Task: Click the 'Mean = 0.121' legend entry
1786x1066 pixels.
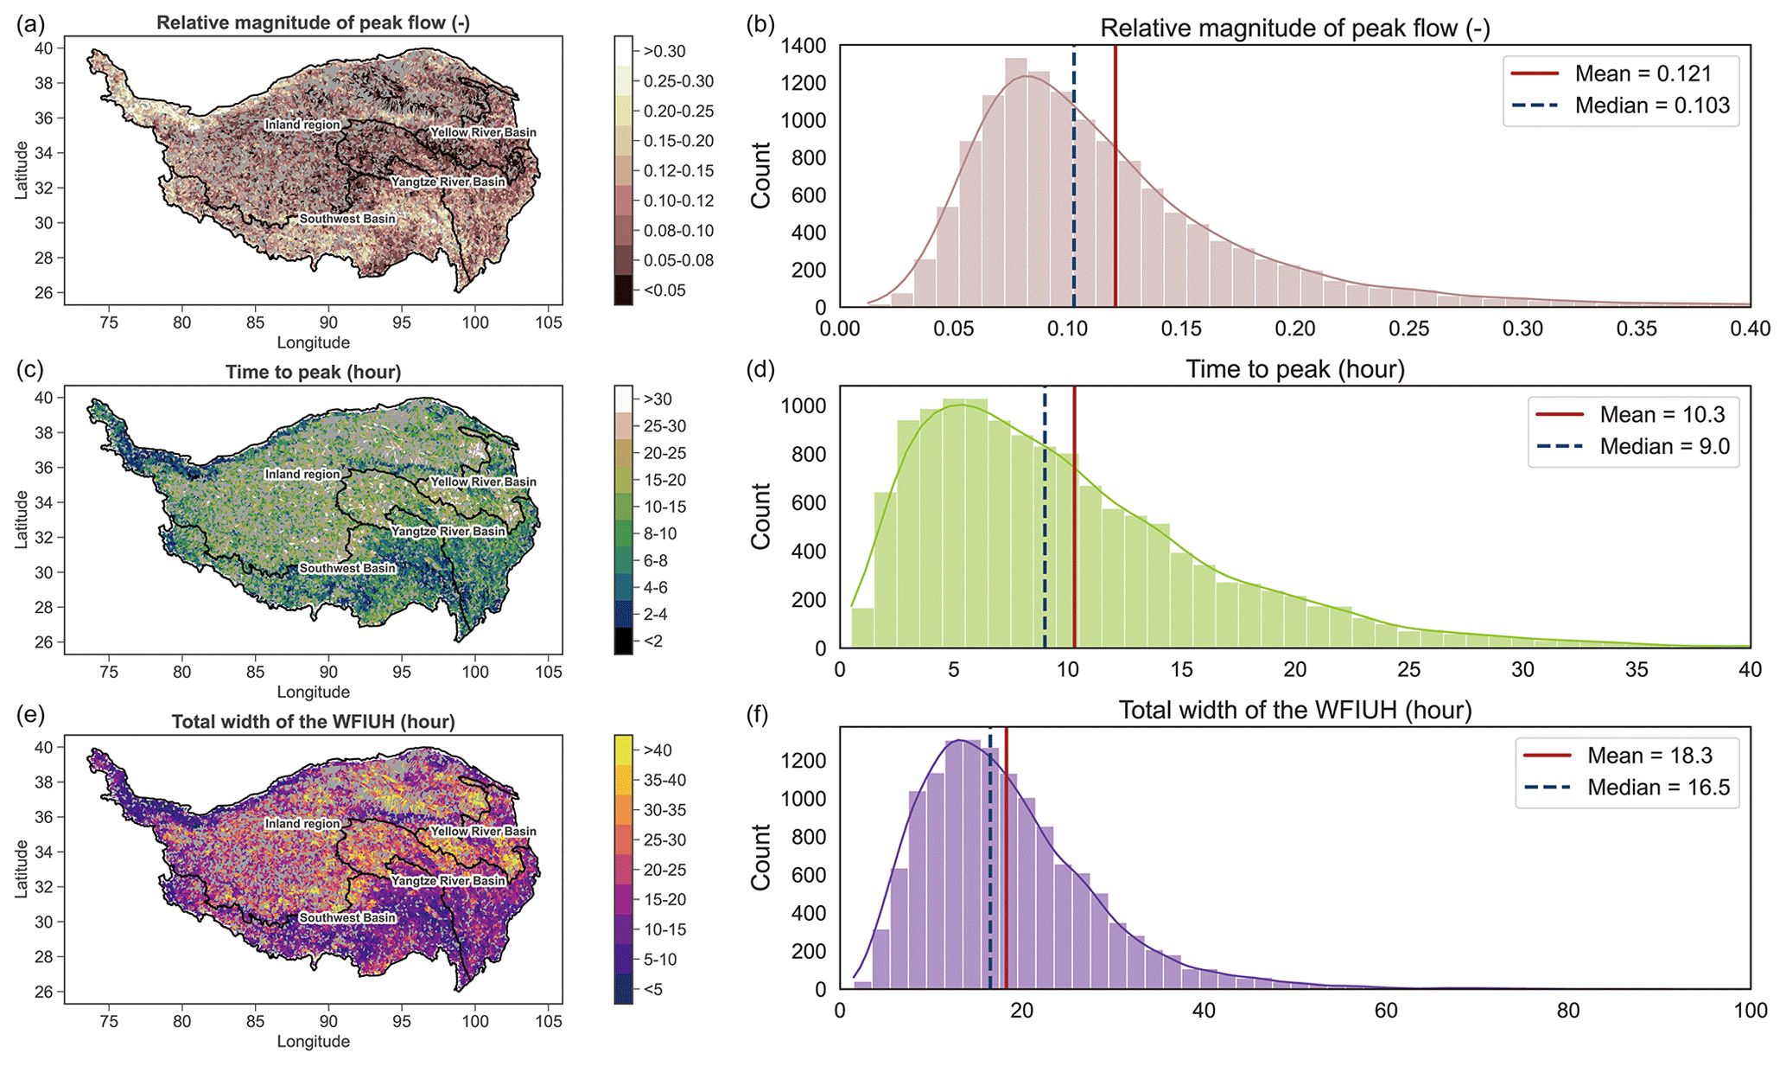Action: [x=1643, y=74]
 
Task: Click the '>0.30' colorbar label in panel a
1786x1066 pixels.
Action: [x=664, y=52]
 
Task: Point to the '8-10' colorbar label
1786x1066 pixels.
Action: [x=659, y=533]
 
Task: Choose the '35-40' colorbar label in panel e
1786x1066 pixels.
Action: [x=664, y=780]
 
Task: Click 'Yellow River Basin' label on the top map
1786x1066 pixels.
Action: [x=483, y=132]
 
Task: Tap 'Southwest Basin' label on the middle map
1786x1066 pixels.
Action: [x=347, y=568]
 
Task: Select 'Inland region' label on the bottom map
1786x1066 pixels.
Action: [x=302, y=824]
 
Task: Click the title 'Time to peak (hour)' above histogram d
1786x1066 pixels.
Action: [x=1294, y=370]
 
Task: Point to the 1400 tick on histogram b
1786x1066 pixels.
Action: [x=803, y=46]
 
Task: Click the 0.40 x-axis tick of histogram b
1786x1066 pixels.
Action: [x=1750, y=329]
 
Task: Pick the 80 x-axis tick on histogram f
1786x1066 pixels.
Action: [x=1567, y=1011]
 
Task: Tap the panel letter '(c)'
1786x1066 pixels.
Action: [x=30, y=369]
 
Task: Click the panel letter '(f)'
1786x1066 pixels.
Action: [x=760, y=711]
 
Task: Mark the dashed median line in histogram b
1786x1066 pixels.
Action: [x=1074, y=173]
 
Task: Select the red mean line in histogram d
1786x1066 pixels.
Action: [x=1074, y=519]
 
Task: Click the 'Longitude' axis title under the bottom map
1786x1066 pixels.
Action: [x=313, y=1041]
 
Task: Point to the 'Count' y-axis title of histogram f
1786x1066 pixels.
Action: [x=761, y=857]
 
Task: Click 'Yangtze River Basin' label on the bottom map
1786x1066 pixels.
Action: [x=448, y=880]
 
